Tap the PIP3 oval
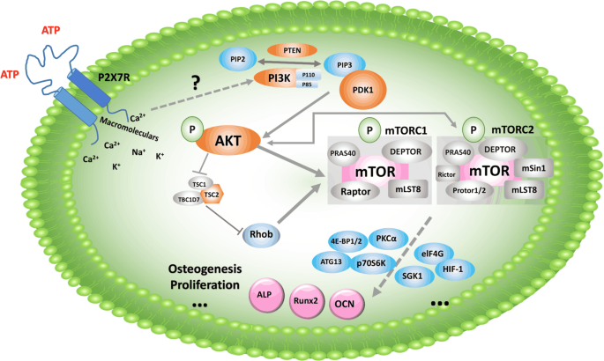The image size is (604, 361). (345, 64)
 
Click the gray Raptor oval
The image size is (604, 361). (350, 190)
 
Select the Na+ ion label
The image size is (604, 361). (138, 151)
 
